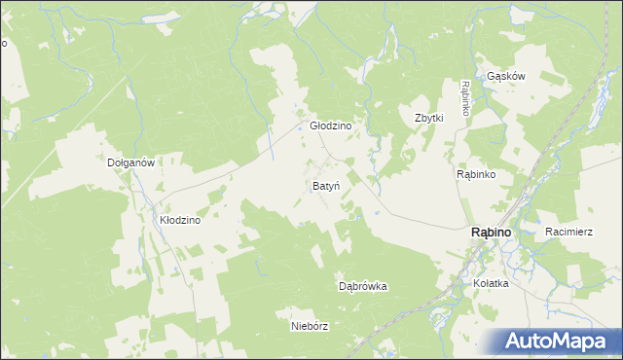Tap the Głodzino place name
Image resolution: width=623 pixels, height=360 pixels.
[x=330, y=126]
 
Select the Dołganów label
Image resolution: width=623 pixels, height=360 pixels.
[x=131, y=163]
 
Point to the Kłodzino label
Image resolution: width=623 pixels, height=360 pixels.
[x=180, y=221]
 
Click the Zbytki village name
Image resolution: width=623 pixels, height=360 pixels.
[x=429, y=118]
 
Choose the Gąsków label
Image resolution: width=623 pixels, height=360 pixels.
[x=506, y=76]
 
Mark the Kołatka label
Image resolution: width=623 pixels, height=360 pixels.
[x=491, y=283]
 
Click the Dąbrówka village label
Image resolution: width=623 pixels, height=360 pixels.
[x=363, y=287]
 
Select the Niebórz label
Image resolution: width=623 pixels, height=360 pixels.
[x=310, y=326]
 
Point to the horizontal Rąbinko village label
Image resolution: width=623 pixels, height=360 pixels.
[x=477, y=174]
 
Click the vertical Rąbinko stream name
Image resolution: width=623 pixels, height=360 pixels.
[x=466, y=98]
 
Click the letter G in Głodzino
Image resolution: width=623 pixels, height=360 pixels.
[x=313, y=126]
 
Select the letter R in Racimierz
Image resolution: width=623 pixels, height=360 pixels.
[x=550, y=232]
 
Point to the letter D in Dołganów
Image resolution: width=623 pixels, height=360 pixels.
[x=111, y=163]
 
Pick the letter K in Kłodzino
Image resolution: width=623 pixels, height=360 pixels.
[x=164, y=221]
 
